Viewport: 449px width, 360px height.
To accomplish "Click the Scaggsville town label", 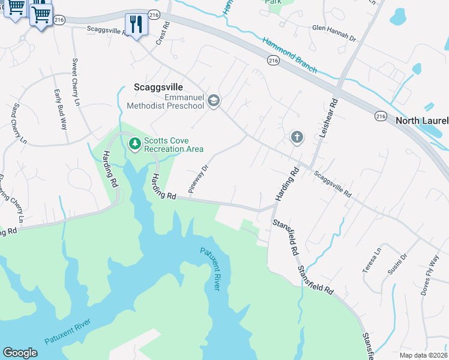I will (x=155, y=87).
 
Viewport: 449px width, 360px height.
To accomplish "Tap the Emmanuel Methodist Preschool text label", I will (x=166, y=102).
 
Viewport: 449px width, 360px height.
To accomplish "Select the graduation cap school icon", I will (x=213, y=102).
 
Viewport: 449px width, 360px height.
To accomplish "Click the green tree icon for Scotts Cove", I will (x=134, y=143).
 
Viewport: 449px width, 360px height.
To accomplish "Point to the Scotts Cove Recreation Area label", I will (x=173, y=145).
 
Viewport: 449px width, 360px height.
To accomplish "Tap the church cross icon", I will (x=297, y=137).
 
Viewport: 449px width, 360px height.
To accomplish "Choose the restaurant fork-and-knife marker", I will (x=136, y=24).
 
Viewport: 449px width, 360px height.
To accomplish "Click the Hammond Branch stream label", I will (x=289, y=55).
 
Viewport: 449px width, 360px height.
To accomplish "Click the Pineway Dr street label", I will (x=197, y=178).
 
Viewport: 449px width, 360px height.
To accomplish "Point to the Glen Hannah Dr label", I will (x=334, y=33).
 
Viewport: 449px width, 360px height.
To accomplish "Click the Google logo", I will (x=20, y=353).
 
